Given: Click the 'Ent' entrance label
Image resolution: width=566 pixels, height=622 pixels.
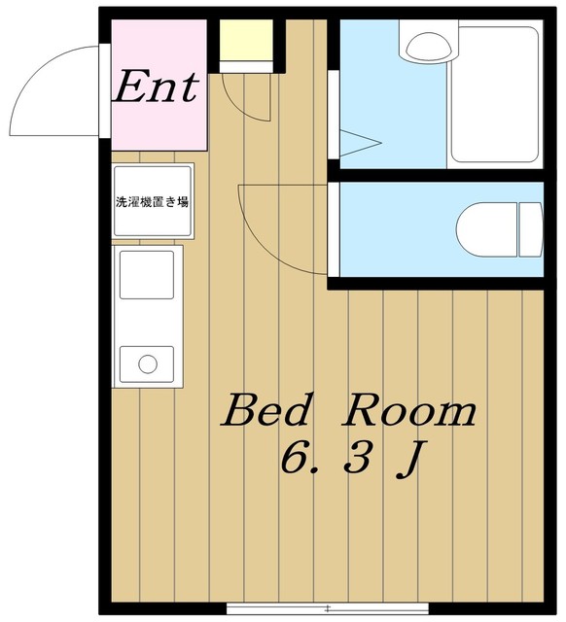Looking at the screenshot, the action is coord(156,86).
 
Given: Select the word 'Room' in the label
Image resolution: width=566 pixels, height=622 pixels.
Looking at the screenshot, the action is coord(410,410).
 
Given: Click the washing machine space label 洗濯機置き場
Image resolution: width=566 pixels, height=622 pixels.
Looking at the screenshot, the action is coord(152,202).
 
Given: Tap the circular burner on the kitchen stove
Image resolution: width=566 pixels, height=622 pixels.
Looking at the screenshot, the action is coord(148,364).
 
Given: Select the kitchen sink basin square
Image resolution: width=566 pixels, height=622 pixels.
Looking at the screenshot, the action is coord(147,274).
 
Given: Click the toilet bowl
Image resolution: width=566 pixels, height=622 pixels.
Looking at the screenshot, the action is coord(487,229).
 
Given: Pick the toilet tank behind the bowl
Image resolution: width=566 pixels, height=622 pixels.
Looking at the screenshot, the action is coord(531,229).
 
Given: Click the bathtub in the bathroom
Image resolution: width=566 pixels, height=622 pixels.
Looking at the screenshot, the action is coord(495,94).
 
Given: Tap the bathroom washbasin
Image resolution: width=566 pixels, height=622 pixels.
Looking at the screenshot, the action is coord(429,47).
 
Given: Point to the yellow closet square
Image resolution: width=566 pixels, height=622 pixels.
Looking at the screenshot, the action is coord(246,40).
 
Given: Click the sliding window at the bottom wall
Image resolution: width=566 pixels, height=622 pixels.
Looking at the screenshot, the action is coord(328,607).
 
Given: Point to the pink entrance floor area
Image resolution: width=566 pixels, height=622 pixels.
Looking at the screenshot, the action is coord(159,85).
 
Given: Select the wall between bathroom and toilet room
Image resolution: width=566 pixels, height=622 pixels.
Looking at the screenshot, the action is coord(436,175).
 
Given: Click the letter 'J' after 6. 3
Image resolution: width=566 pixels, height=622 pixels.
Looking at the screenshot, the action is coord(408,460).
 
